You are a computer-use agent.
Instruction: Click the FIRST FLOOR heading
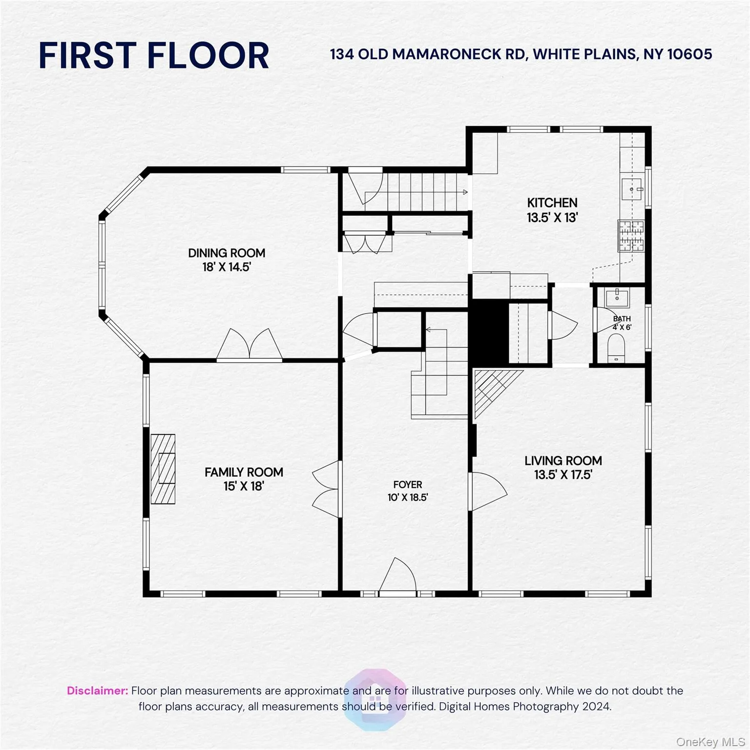(154, 55)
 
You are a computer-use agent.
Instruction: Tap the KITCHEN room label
(552, 203)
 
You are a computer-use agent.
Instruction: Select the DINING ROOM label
(227, 253)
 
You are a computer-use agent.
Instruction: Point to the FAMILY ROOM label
(244, 472)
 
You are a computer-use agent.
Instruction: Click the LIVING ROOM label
(563, 460)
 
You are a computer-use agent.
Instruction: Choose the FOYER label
(408, 484)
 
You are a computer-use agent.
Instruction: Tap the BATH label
(622, 319)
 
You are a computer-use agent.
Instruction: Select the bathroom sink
(617, 296)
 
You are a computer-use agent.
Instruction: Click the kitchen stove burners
(631, 236)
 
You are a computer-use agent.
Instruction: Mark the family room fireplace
(163, 469)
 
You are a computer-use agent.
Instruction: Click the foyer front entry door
(398, 576)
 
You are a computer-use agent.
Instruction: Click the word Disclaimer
(97, 690)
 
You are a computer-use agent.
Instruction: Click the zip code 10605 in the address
(689, 54)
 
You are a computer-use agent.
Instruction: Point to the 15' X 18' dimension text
(244, 486)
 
